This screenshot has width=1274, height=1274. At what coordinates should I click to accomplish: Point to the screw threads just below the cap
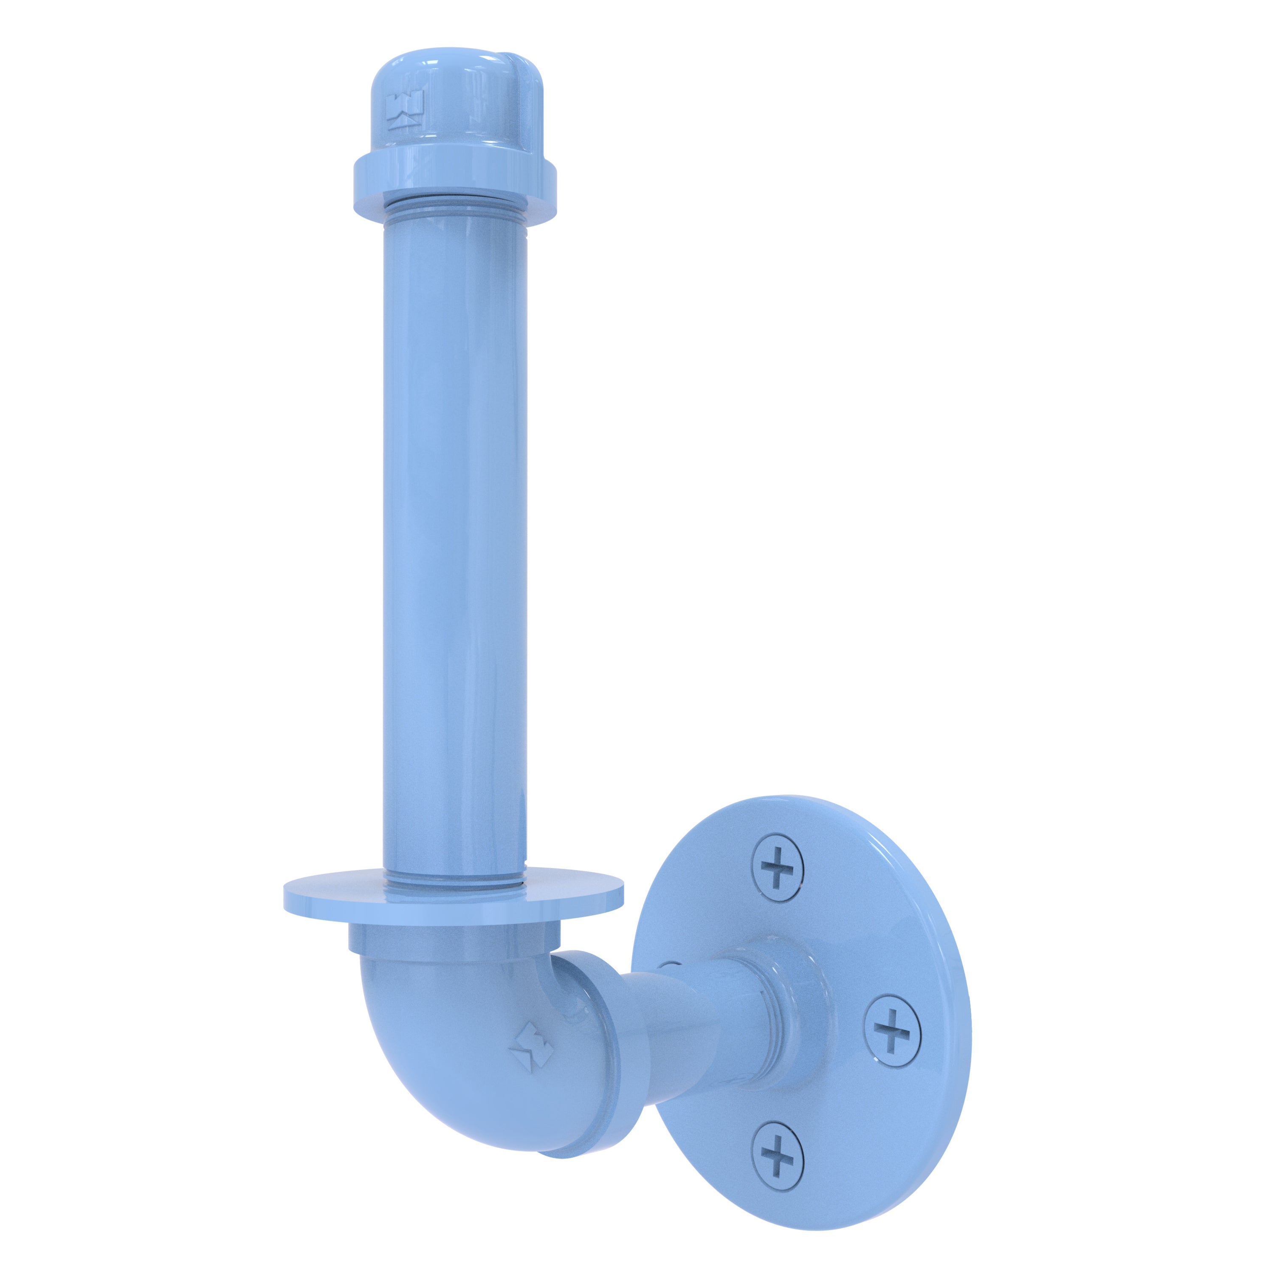tap(455, 214)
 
